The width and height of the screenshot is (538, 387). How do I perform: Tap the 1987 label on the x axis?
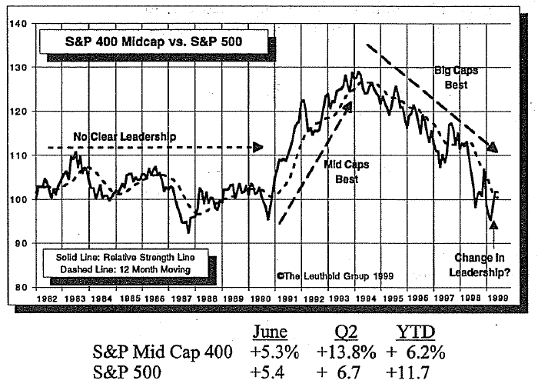[182, 296]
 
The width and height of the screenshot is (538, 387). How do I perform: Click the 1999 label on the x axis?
[497, 296]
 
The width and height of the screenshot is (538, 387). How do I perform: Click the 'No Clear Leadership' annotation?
[119, 137]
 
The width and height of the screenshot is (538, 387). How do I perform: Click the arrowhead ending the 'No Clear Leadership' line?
[258, 147]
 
